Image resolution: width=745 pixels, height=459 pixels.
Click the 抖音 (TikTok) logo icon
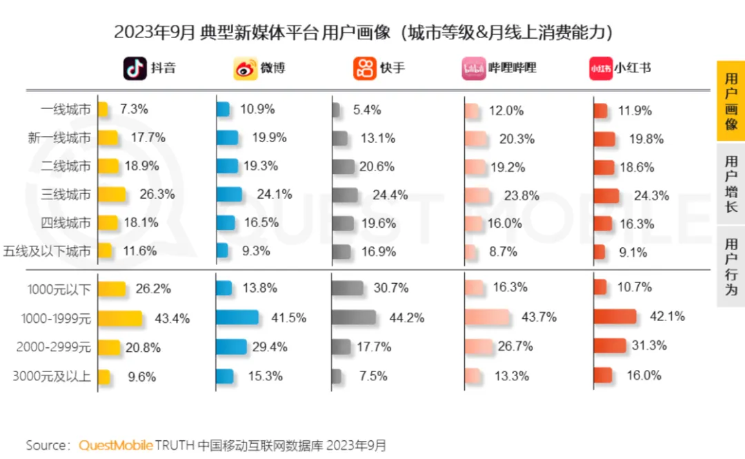pos(135,68)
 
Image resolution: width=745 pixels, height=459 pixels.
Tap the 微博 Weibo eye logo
pos(244,68)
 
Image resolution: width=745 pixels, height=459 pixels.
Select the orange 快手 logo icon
pos(364,68)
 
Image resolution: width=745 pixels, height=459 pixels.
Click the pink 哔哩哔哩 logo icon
pos(474,68)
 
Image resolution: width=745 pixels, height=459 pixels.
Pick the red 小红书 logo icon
pos(600,68)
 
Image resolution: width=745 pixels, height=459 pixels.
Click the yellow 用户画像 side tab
pos(731,101)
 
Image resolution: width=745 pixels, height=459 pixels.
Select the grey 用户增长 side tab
pos(731,184)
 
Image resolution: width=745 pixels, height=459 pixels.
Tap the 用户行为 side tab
pos(731,266)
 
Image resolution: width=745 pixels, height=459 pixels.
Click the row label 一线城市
pos(66,110)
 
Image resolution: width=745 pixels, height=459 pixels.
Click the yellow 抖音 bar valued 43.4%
pos(120,318)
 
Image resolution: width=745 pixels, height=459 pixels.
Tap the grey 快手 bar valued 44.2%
pos(354,318)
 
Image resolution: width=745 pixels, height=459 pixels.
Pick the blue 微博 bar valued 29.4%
pos(231,346)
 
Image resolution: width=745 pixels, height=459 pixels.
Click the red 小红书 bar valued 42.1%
pos(615,317)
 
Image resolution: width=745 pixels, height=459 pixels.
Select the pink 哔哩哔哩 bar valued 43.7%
pos(487,318)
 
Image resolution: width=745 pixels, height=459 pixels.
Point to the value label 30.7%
pos(392,288)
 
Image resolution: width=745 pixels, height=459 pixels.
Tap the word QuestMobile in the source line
pos(116,445)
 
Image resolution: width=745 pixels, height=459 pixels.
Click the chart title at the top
pos(364,32)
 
